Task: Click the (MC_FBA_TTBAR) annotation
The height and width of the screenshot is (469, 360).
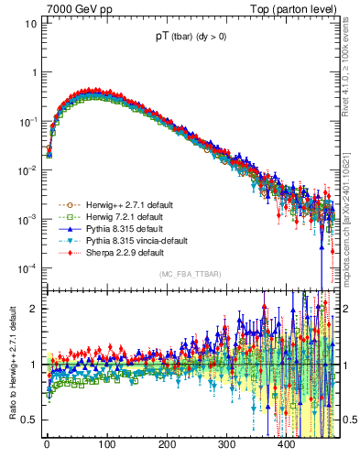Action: click(190, 275)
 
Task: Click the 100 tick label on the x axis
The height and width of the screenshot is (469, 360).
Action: click(106, 444)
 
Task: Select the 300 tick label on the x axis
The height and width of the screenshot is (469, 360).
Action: click(226, 444)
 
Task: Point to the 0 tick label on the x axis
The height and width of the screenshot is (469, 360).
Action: click(46, 444)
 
